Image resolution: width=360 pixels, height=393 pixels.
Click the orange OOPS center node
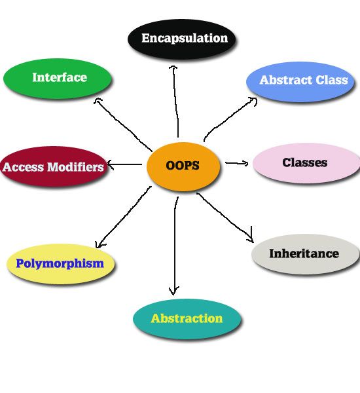[183, 166]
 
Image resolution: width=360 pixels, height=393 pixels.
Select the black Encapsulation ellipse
[181, 39]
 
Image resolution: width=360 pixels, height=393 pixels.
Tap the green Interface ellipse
[57, 78]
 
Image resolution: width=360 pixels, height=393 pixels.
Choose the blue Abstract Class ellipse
[300, 81]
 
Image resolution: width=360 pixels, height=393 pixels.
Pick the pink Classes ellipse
[306, 162]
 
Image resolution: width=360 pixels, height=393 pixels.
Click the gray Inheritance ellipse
[306, 253]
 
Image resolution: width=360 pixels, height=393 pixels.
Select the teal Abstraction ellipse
[187, 318]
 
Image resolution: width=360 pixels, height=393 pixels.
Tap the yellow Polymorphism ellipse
[61, 264]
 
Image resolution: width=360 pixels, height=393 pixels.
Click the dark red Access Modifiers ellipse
[54, 166]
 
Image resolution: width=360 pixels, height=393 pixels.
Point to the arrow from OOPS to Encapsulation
[175, 102]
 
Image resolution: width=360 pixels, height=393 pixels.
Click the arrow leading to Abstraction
[175, 246]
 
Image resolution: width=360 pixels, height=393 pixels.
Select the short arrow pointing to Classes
[237, 163]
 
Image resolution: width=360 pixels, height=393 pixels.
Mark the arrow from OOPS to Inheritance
[225, 217]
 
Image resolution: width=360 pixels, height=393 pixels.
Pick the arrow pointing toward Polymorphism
[123, 217]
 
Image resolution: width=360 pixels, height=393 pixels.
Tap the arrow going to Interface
[123, 124]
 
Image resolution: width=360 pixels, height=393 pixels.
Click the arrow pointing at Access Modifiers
[124, 164]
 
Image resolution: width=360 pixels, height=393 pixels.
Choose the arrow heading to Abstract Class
[229, 118]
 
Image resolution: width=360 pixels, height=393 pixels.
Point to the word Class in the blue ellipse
[332, 80]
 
